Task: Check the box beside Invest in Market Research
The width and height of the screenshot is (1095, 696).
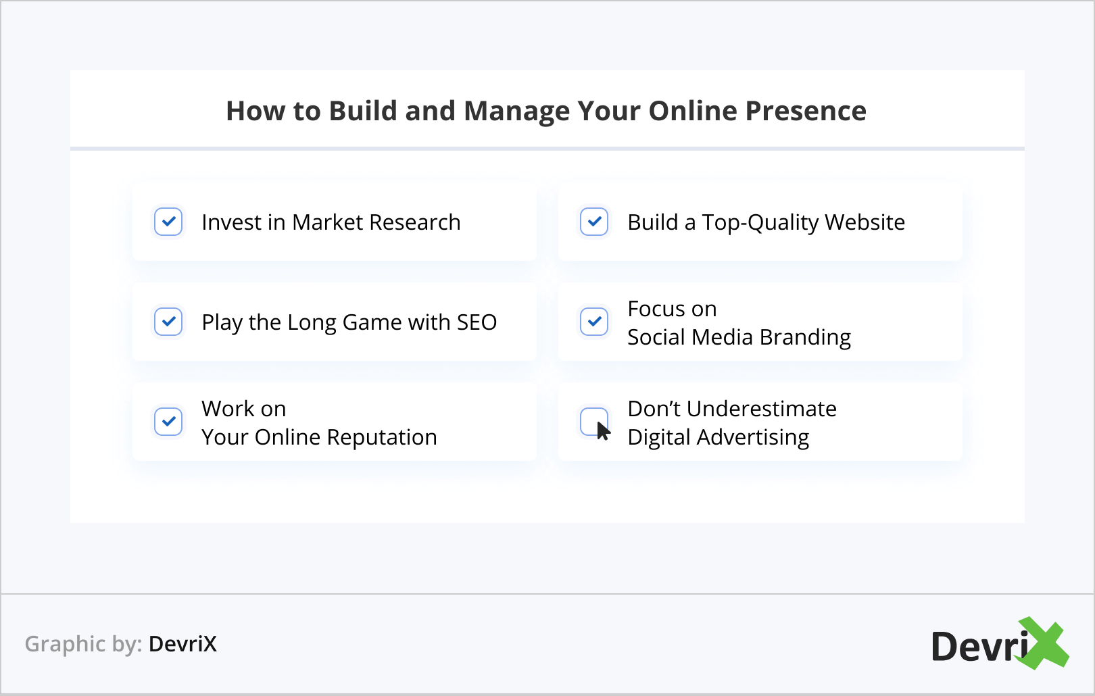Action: click(168, 222)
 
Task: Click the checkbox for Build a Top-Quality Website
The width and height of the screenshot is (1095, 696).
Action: click(594, 222)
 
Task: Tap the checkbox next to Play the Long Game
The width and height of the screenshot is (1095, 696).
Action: click(168, 322)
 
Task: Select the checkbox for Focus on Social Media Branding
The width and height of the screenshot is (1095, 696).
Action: click(594, 322)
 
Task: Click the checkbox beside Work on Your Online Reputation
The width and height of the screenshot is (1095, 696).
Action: click(168, 422)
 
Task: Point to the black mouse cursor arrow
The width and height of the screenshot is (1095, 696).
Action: click(603, 431)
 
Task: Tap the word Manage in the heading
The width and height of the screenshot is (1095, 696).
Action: click(516, 112)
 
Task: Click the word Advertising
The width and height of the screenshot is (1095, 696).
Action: click(753, 437)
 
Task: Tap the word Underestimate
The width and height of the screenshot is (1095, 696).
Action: click(761, 409)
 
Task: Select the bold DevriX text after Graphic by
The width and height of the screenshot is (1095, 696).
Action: click(182, 644)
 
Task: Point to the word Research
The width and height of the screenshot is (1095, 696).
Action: click(415, 222)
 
